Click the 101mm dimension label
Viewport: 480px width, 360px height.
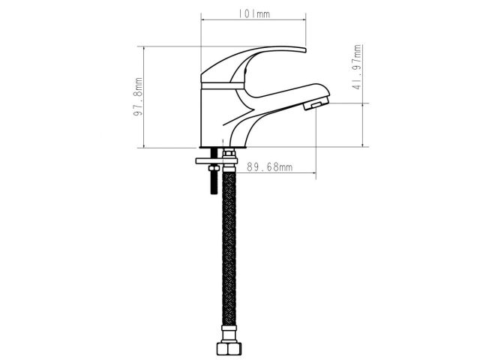tap(254, 13)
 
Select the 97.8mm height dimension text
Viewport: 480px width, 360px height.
tap(138, 97)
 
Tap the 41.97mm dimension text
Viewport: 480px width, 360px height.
tap(357, 67)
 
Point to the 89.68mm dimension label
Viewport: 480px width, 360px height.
tap(270, 167)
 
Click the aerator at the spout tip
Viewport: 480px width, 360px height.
tap(316, 103)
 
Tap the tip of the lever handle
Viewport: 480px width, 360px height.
tap(305, 50)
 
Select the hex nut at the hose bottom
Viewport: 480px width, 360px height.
tap(229, 349)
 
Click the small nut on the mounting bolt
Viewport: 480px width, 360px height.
tap(214, 168)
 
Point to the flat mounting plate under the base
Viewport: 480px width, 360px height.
tap(217, 160)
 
